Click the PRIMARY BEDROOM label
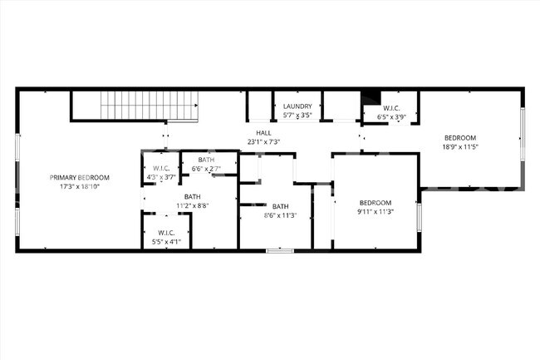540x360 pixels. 79,177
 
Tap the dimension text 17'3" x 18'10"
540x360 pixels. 79,187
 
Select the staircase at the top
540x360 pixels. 150,106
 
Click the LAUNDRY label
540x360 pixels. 297,106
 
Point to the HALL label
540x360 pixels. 263,133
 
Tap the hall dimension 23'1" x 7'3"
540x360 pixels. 263,142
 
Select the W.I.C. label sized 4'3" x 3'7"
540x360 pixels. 161,168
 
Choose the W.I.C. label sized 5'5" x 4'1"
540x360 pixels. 165,233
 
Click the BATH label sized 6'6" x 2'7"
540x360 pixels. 206,160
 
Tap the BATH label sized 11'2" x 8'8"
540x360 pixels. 192,196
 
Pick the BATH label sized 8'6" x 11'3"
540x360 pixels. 280,206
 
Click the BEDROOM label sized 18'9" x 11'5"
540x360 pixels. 459,138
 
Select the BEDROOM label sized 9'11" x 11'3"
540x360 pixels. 375,202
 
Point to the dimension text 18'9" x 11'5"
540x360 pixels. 459,147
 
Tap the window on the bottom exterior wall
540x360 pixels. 279,250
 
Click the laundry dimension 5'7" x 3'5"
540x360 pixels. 297,116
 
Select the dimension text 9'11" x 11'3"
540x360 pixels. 375,211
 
